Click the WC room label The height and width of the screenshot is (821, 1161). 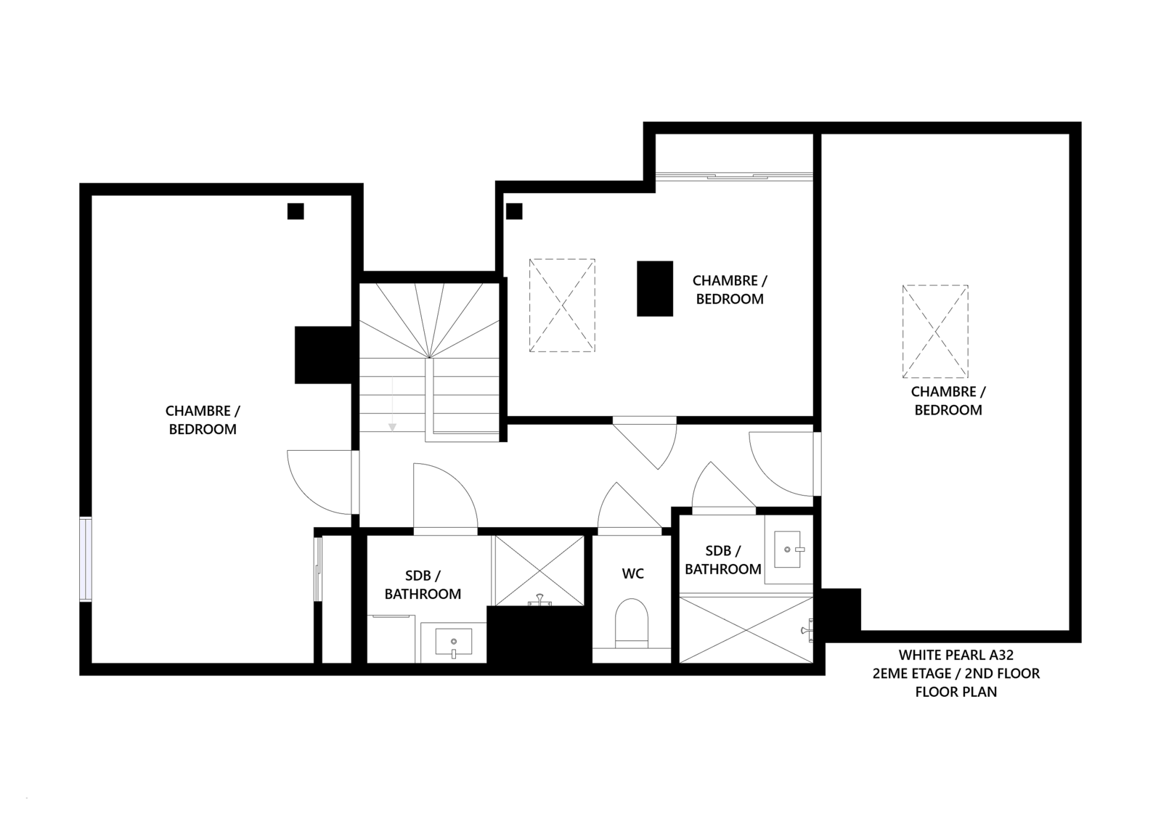pos(633,573)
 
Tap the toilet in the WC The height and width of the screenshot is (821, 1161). pos(631,623)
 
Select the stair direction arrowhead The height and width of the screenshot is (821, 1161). pos(392,427)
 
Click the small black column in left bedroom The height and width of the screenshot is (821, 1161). pos(296,211)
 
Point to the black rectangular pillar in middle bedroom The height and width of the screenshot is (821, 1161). pos(655,289)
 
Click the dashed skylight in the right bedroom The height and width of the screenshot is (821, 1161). pos(935,331)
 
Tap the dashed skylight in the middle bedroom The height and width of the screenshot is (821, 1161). pos(562,306)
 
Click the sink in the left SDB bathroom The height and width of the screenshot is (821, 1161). pos(454,642)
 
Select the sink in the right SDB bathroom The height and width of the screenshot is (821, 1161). pos(788,549)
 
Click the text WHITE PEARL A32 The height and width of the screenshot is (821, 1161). pos(956,655)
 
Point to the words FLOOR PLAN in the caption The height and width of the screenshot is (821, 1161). pos(956,692)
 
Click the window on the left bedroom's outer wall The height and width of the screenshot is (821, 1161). pos(86,559)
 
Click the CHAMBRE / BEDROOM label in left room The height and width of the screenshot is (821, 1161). pos(203,420)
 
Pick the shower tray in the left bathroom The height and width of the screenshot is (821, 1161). pos(539,571)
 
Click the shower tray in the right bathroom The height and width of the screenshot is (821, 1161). pos(746,630)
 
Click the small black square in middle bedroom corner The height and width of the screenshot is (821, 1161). pos(514,211)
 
